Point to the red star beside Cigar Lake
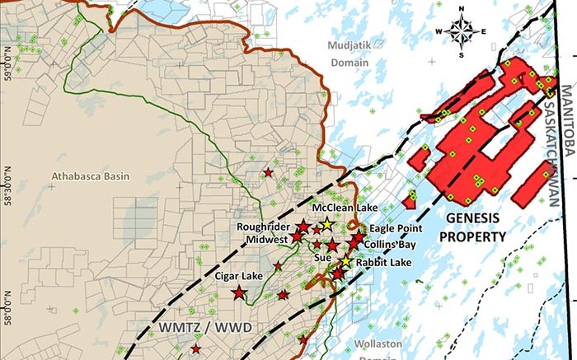point(239,292)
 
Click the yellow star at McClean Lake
point(327,224)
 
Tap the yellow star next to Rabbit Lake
point(346,262)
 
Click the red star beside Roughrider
point(303,226)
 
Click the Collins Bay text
point(393,245)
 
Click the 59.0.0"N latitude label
point(7,63)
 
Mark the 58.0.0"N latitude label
point(7,308)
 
